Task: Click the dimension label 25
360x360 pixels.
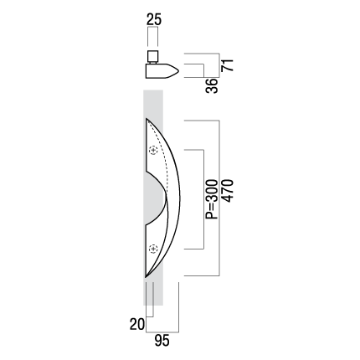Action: (x=154, y=20)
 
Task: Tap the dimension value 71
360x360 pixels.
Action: (x=227, y=65)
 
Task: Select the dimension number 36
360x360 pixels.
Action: (x=211, y=85)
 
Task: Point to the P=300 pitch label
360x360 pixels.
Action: (x=211, y=199)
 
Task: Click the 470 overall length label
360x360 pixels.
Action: (x=227, y=191)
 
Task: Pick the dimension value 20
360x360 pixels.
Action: (x=137, y=324)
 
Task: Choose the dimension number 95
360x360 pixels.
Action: (x=162, y=341)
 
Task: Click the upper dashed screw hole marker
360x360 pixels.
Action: (x=153, y=150)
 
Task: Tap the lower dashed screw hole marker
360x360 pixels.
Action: (x=153, y=249)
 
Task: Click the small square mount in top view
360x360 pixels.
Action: (x=152, y=56)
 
